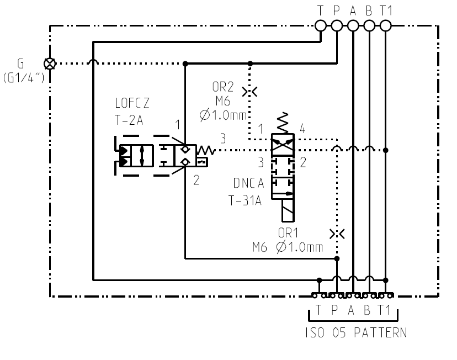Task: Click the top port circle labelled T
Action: (321, 25)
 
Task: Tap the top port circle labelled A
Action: (353, 25)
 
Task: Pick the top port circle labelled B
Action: (369, 25)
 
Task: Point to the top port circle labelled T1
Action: (386, 25)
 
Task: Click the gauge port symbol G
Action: (50, 63)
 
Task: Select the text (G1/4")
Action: (24, 78)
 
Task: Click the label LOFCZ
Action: (132, 103)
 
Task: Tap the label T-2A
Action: (129, 120)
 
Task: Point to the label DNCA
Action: (248, 183)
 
